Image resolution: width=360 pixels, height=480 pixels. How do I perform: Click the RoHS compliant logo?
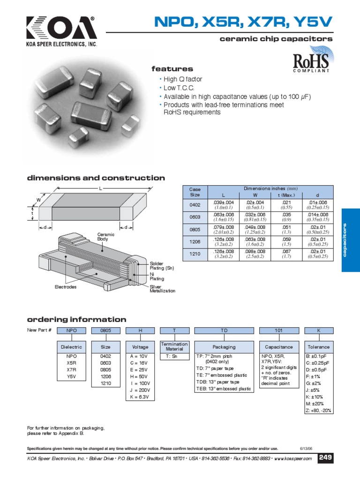[311, 62]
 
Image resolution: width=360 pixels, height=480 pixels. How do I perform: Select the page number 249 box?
[325, 457]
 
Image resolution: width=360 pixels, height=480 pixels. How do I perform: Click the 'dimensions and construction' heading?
[96, 178]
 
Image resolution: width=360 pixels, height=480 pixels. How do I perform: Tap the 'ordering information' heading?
[76, 320]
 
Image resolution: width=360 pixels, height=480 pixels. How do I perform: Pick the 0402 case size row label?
[195, 205]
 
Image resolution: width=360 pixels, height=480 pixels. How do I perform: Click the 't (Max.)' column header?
[286, 195]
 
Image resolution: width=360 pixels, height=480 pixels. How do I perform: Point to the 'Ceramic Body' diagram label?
[103, 237]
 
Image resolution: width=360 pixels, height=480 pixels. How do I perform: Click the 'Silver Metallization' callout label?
[162, 288]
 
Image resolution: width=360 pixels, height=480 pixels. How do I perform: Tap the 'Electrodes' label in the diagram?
[66, 286]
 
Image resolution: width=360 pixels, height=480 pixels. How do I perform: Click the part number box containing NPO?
[71, 330]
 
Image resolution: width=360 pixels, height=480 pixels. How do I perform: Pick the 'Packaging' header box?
[224, 347]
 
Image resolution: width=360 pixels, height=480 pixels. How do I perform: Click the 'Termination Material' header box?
[174, 347]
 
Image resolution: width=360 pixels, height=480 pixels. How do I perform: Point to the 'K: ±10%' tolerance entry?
[315, 397]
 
